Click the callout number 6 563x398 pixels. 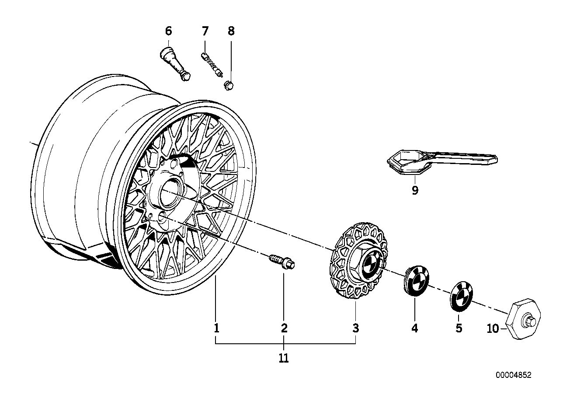click(x=169, y=31)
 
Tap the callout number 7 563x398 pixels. click(x=205, y=31)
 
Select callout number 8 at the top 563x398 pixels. click(x=231, y=31)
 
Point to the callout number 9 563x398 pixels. click(x=415, y=190)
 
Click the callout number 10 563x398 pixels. click(x=493, y=328)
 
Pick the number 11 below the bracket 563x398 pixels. click(x=284, y=358)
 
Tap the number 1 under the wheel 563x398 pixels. click(x=216, y=328)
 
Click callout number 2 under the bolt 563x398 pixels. click(x=284, y=328)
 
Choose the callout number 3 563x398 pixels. click(x=356, y=328)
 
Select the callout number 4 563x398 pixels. click(x=414, y=328)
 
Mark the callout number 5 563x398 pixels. click(x=459, y=328)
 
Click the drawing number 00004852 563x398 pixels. click(x=514, y=375)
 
